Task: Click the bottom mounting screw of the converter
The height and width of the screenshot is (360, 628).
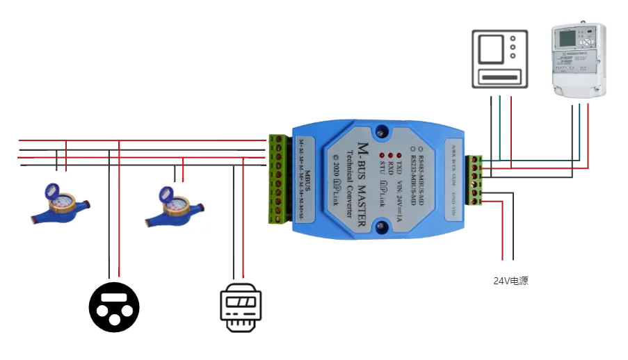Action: pyautogui.click(x=380, y=227)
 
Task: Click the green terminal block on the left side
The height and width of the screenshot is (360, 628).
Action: pyautogui.click(x=280, y=179)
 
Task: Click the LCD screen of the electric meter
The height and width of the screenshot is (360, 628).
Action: pyautogui.click(x=568, y=38)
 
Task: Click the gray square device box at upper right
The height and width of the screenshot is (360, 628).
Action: pyautogui.click(x=497, y=58)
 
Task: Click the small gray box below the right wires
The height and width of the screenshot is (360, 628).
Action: pyautogui.click(x=508, y=281)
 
